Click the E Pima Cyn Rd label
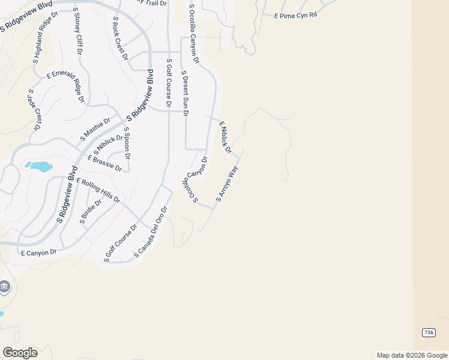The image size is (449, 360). pyautogui.click(x=295, y=16)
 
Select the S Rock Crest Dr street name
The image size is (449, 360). pyautogui.click(x=120, y=38)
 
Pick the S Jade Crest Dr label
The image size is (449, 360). pyautogui.click(x=34, y=110)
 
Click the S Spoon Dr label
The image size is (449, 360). pyautogui.click(x=127, y=143)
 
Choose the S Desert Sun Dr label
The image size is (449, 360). pyautogui.click(x=185, y=93)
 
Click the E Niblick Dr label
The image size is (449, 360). pyautogui.click(x=225, y=137)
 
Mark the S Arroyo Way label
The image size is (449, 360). pyautogui.click(x=228, y=183)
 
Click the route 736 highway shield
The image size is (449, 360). pyautogui.click(x=428, y=332)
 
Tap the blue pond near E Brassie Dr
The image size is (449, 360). pyautogui.click(x=38, y=166)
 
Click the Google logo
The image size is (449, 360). pyautogui.click(x=19, y=352)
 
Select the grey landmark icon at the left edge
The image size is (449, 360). pyautogui.click(x=4, y=286)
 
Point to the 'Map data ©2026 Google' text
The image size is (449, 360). pyautogui.click(x=411, y=355)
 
